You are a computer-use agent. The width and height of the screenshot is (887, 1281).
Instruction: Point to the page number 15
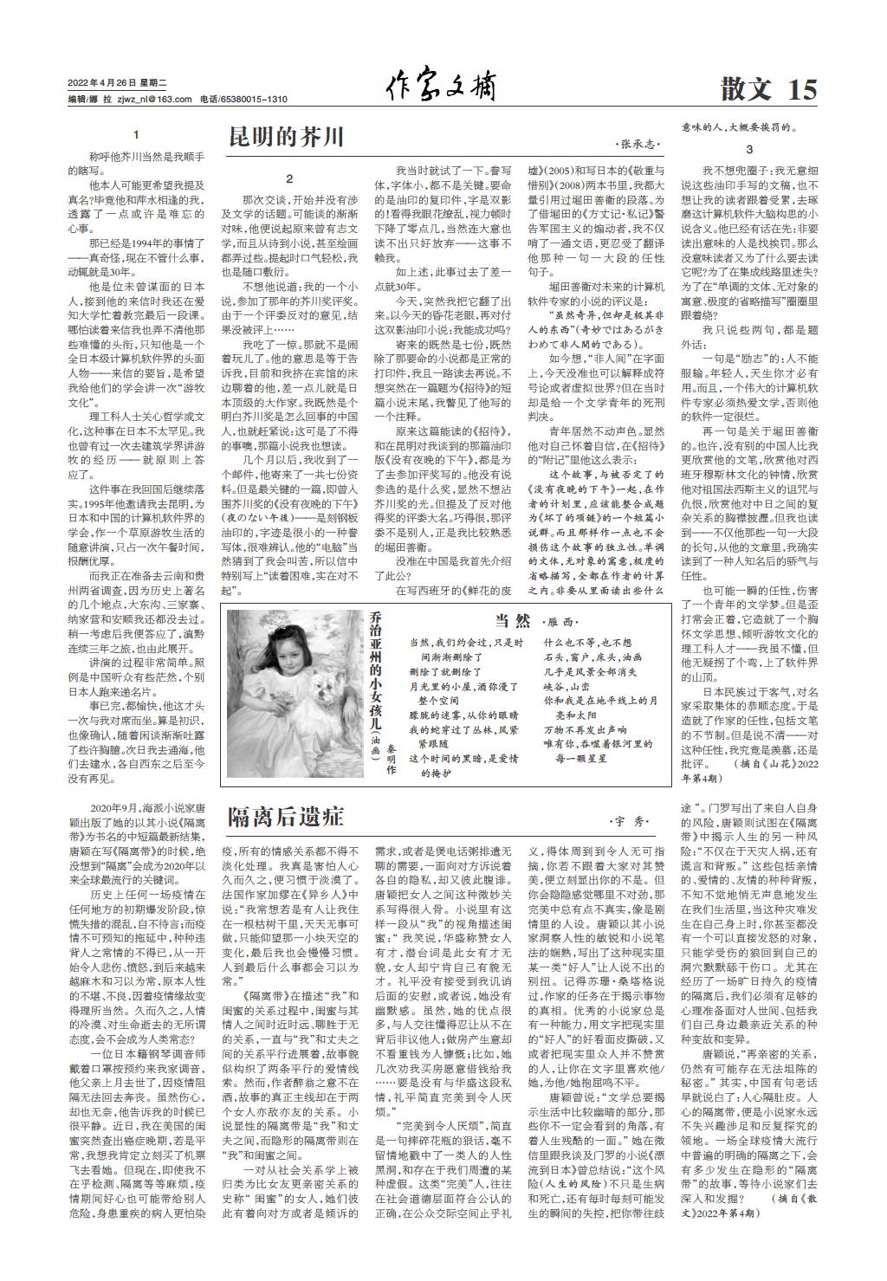coord(802,89)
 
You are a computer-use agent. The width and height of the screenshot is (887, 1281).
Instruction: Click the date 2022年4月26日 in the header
coord(102,83)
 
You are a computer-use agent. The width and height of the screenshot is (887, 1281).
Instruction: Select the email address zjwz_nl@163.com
coord(155,100)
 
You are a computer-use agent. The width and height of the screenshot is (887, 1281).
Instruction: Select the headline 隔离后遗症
coord(286,816)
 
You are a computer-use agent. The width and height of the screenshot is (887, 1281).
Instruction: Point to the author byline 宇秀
coord(629,820)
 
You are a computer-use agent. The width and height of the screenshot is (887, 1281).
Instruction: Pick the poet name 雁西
coord(561,622)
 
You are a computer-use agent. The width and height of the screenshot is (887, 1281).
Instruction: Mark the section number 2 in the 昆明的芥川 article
coord(289,179)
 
